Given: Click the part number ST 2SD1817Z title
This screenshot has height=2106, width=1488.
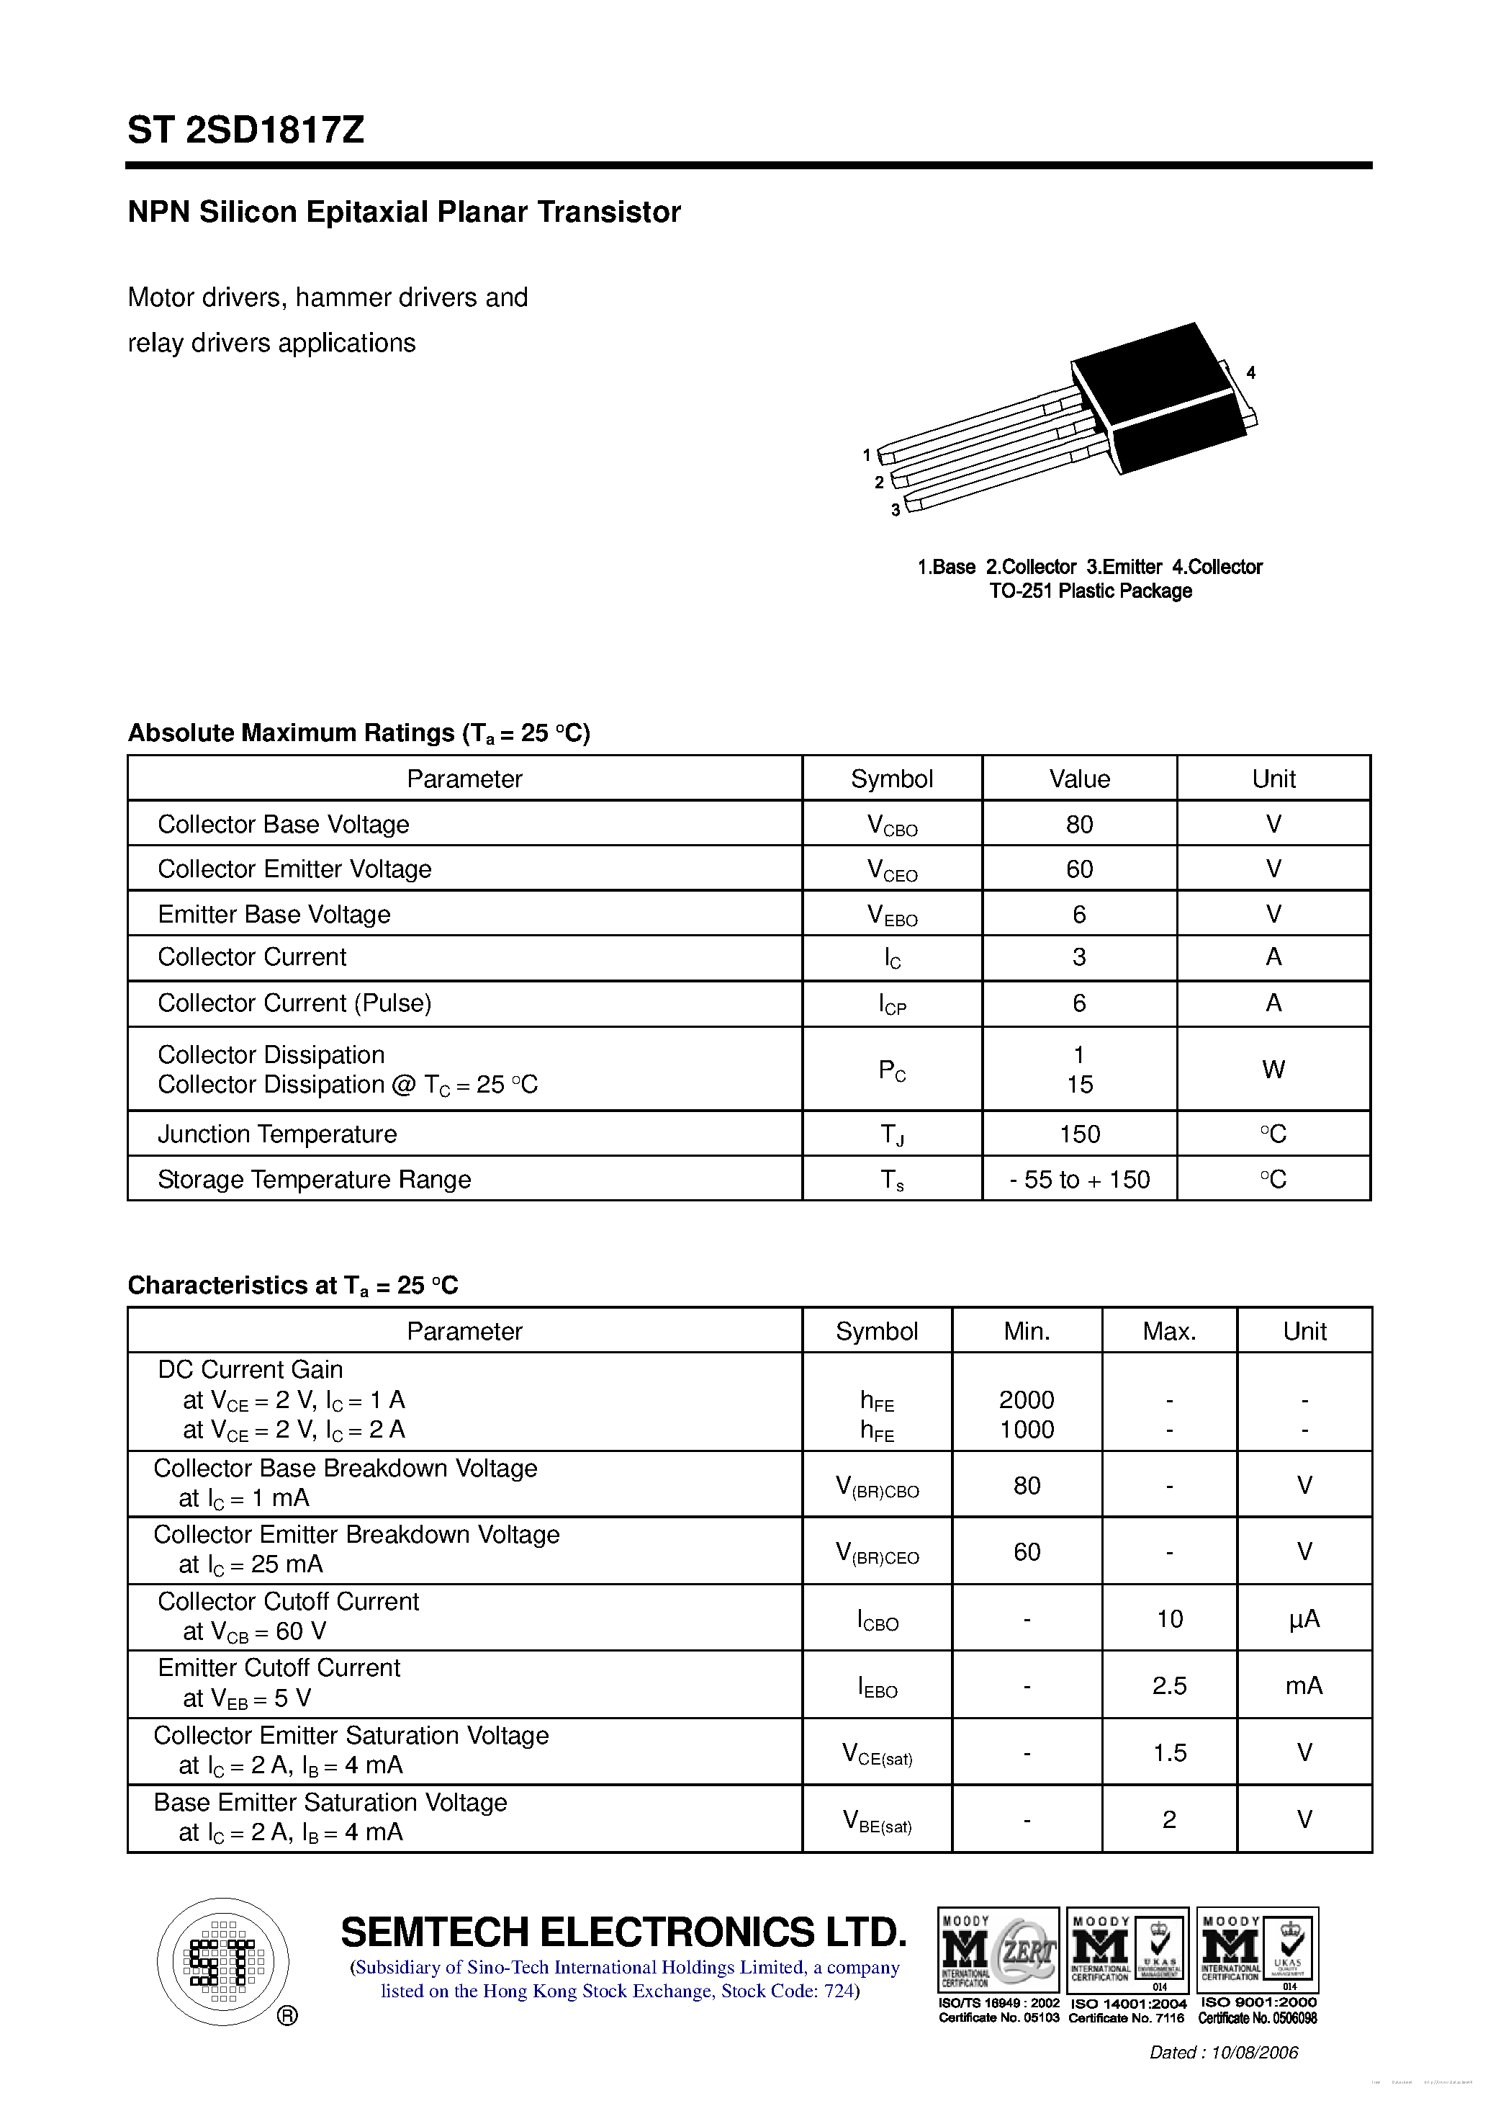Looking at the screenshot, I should click(245, 130).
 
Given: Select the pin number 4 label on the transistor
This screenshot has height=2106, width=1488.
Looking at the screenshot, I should click(1250, 372).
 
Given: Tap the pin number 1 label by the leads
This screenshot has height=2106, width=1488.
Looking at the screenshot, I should click(867, 455).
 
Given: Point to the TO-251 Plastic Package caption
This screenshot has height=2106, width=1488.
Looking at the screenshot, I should click(1090, 591).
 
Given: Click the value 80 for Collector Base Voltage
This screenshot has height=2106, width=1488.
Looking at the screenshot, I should click(1079, 824).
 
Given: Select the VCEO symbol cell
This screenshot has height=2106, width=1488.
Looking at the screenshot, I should click(891, 869).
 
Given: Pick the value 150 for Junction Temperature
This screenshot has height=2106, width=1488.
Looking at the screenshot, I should click(1079, 1134).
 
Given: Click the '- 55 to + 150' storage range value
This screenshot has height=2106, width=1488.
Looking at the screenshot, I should click(1079, 1180).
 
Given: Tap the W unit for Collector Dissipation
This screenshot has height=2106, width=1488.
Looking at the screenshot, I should click(1273, 1070).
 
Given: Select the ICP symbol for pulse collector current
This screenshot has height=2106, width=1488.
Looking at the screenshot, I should click(891, 1003).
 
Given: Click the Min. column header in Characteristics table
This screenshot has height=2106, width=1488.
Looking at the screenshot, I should click(1026, 1331).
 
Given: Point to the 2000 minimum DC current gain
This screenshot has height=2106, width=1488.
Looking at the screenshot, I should click(1026, 1399).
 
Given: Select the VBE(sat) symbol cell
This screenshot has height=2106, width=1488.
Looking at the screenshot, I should click(877, 1820).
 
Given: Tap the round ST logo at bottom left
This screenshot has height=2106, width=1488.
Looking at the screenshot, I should click(222, 1962).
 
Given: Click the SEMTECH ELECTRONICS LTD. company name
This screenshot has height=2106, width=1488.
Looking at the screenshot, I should click(623, 1932).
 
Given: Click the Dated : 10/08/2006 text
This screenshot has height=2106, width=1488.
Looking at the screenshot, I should click(1223, 2052).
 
